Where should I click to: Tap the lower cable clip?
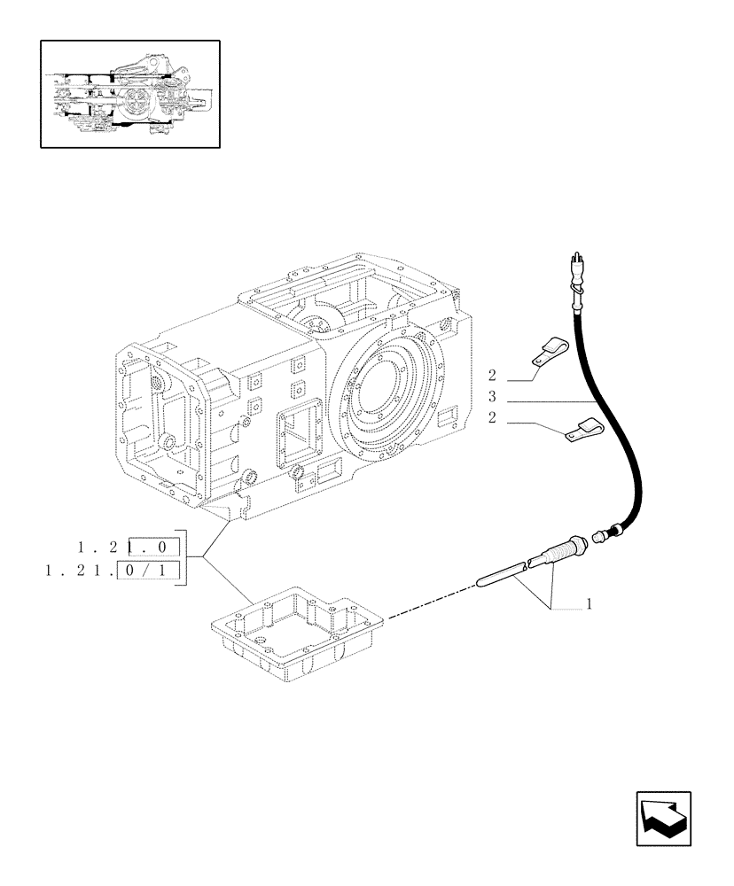coord(581,431)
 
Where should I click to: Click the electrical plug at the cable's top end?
coord(574,269)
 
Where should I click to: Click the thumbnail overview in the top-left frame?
coord(129,93)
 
